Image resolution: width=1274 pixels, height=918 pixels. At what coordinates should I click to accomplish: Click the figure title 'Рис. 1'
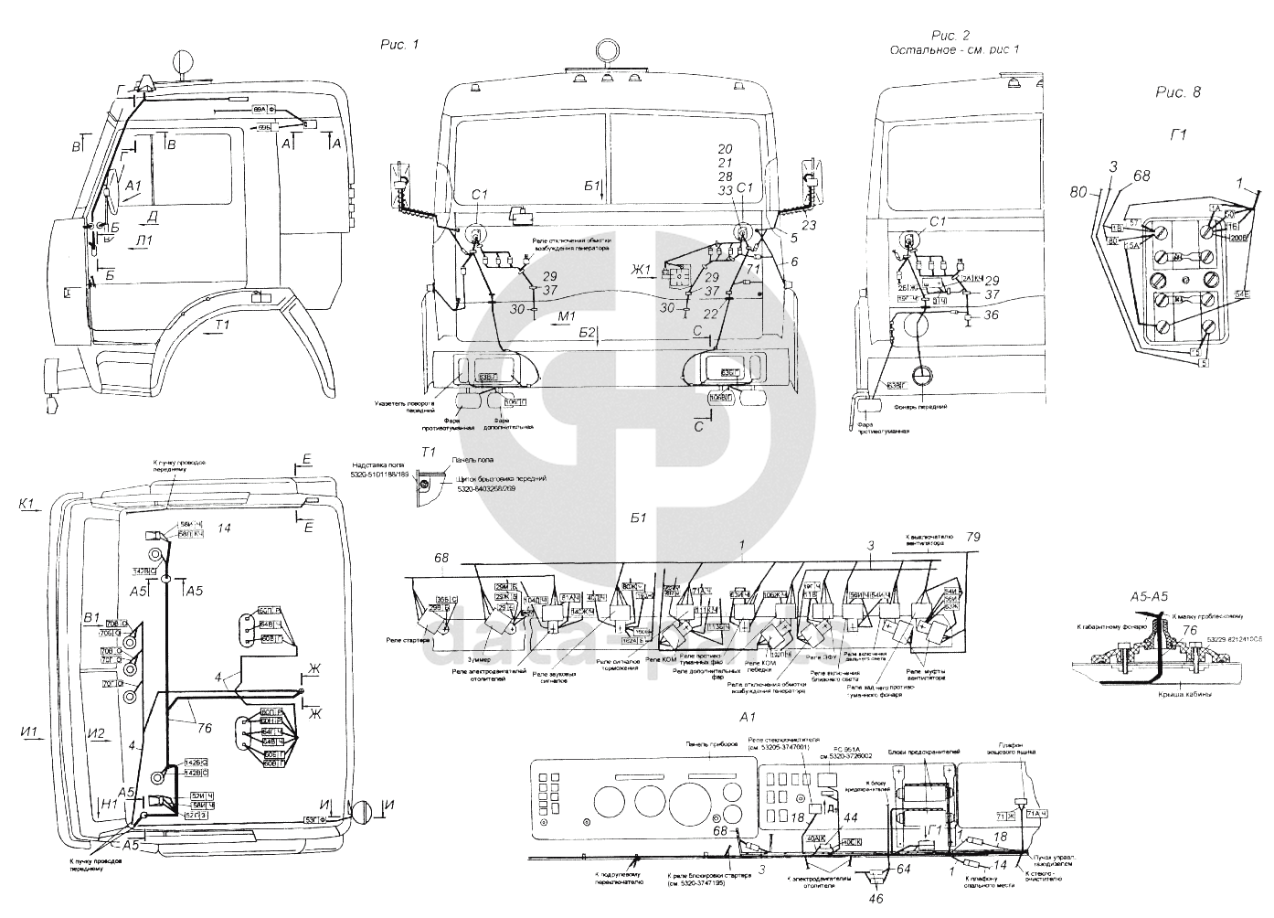click(399, 44)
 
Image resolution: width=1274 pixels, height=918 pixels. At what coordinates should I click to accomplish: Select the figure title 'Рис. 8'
click(1178, 91)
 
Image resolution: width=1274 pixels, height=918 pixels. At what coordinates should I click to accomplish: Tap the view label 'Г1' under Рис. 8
click(1179, 134)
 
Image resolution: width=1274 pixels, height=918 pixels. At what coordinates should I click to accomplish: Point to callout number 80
click(1078, 192)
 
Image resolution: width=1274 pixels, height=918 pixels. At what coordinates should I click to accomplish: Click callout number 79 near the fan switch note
click(974, 536)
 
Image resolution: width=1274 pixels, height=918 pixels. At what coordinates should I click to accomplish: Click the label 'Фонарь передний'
click(923, 406)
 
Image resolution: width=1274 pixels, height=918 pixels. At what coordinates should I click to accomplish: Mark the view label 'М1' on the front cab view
click(565, 315)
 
